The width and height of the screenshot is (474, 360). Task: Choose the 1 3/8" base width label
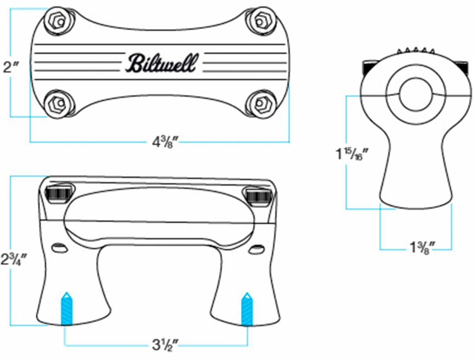[421, 249]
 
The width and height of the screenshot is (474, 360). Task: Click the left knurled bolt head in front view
[58, 194]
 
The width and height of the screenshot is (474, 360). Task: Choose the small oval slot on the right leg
[258, 249]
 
